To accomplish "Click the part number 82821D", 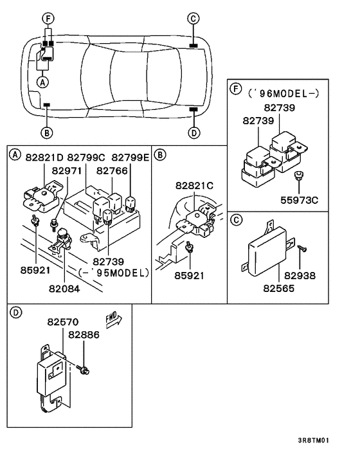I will [x=44, y=157].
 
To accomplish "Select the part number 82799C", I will [x=86, y=157].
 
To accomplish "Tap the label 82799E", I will [x=130, y=157].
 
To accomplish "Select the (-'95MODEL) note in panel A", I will [x=113, y=272].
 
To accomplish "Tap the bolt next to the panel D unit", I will [x=86, y=368].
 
